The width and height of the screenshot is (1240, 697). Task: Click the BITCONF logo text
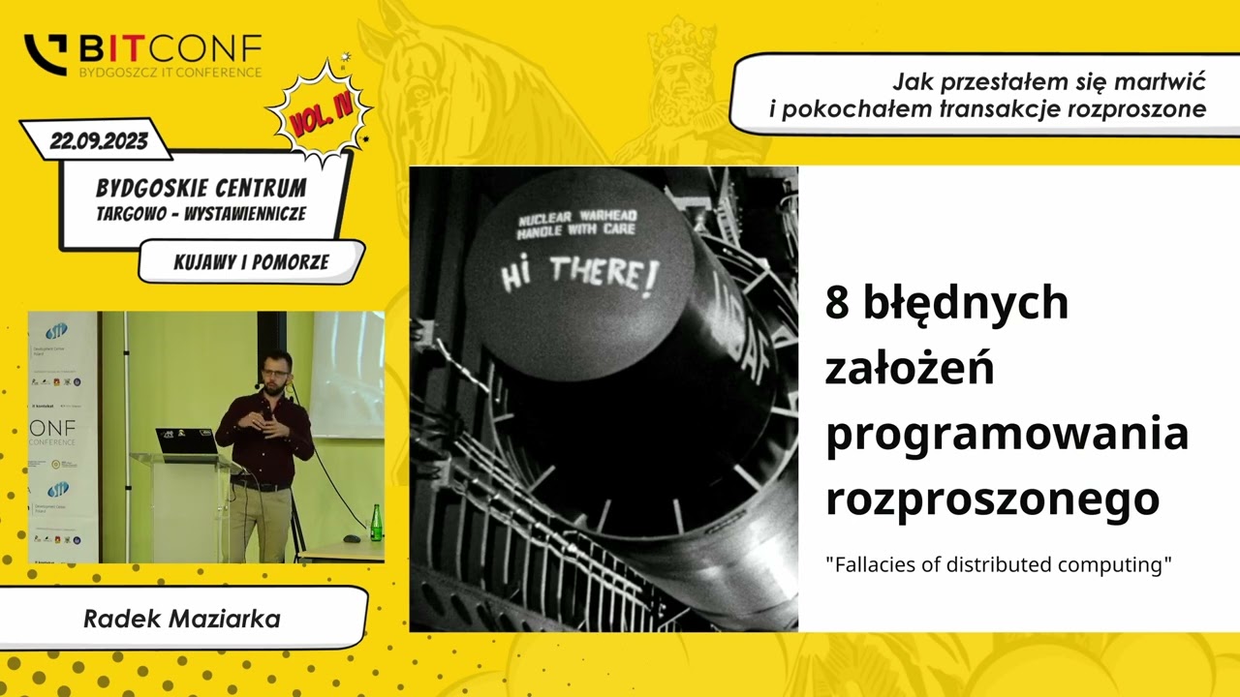[170, 47]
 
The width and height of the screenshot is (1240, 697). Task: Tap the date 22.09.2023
[99, 141]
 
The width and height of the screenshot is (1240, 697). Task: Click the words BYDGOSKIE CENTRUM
[201, 188]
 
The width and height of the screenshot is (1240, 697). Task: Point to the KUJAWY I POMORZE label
[251, 262]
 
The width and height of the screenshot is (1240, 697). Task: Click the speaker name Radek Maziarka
[182, 619]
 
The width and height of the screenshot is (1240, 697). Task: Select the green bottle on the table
[376, 523]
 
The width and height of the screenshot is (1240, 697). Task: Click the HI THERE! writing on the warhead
[579, 275]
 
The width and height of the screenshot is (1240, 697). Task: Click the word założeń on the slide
[909, 369]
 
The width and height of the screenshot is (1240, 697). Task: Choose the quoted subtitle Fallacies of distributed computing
[998, 564]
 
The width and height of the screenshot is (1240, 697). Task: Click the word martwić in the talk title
[1162, 81]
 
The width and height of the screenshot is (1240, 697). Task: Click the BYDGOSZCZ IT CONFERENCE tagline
[170, 72]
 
